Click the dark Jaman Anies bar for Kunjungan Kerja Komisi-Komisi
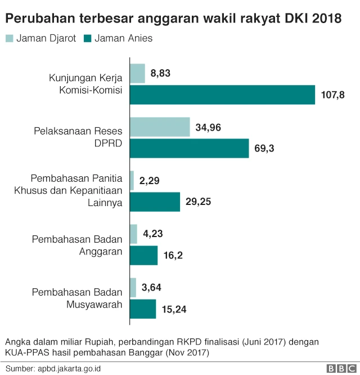tap(222, 95)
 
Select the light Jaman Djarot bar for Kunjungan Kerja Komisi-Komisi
tap(137, 73)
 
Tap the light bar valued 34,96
tap(160, 127)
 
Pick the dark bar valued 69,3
tap(189, 149)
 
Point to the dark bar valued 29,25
tap(155, 202)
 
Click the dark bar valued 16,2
tap(143, 256)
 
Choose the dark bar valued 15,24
tap(143, 309)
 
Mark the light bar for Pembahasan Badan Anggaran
tap(133, 234)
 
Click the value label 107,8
tap(332, 95)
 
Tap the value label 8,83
tap(160, 73)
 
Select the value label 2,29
tap(150, 181)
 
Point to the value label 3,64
tap(152, 288)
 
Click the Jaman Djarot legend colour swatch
tap(10, 39)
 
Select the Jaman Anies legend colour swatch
tap(87, 39)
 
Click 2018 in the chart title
tap(326, 19)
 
